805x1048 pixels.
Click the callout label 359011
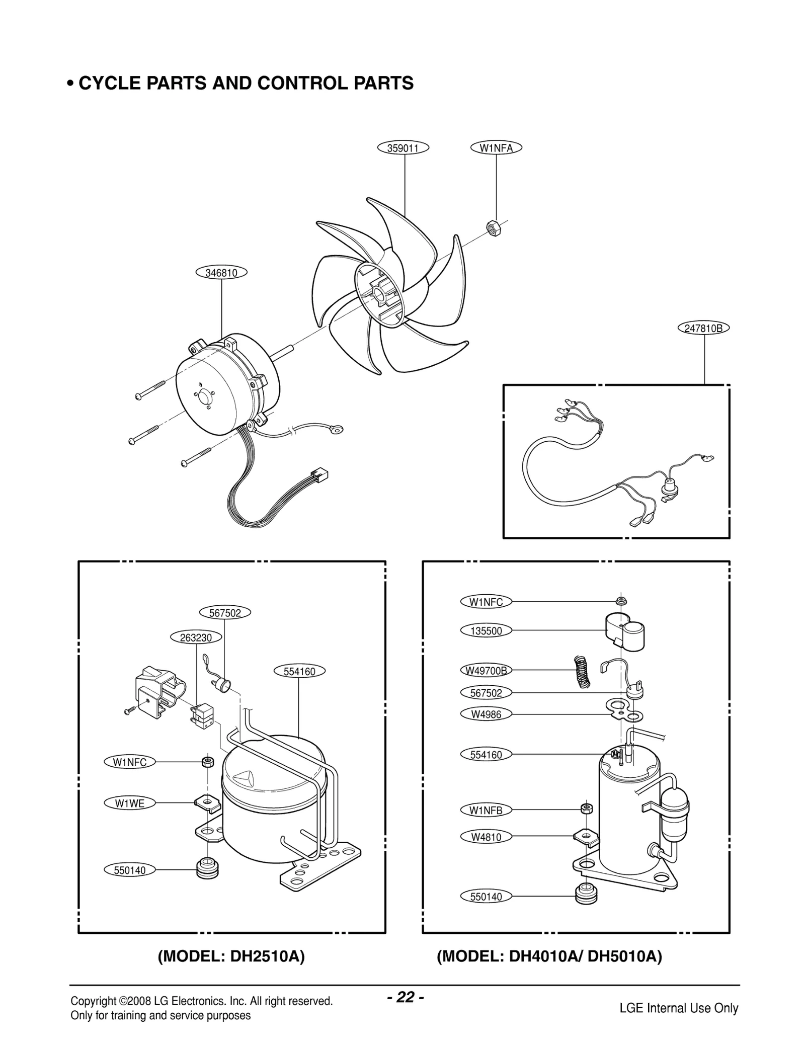coord(403,148)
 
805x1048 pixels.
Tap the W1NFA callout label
coord(496,148)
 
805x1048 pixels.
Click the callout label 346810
coord(221,273)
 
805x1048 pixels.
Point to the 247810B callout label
coord(703,329)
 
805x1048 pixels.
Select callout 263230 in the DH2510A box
coord(196,638)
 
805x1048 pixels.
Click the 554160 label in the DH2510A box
coord(299,672)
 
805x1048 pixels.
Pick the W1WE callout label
coord(129,803)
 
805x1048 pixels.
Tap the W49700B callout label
coord(486,671)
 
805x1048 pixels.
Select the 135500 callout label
coord(486,631)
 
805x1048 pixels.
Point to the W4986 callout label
coord(486,714)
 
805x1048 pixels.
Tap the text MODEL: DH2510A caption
coord(231,956)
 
